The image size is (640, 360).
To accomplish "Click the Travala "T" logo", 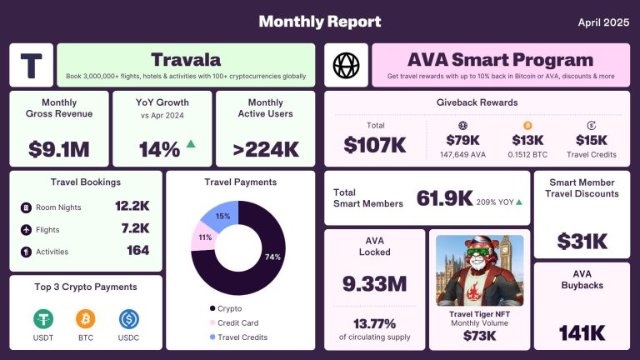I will pyautogui.click(x=31, y=65).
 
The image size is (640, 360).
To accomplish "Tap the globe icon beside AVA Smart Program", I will pyautogui.click(x=345, y=65).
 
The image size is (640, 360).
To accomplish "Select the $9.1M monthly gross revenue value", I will pyautogui.click(x=58, y=149).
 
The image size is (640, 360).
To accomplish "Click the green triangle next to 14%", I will pyautogui.click(x=191, y=144).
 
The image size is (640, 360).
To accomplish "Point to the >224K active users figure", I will pyautogui.click(x=265, y=149).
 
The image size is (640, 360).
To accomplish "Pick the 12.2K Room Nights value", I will pyautogui.click(x=132, y=206).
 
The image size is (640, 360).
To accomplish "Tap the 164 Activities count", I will pyautogui.click(x=137, y=250).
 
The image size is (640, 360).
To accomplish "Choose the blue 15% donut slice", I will pyautogui.click(x=222, y=215).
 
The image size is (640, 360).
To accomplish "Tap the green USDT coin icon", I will pyautogui.click(x=43, y=318).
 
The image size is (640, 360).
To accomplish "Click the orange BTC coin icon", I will pyautogui.click(x=86, y=318).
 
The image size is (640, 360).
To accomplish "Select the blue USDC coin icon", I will pyautogui.click(x=128, y=318).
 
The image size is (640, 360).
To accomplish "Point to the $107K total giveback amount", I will pyautogui.click(x=375, y=144).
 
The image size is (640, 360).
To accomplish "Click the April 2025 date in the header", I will pyautogui.click(x=602, y=22).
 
